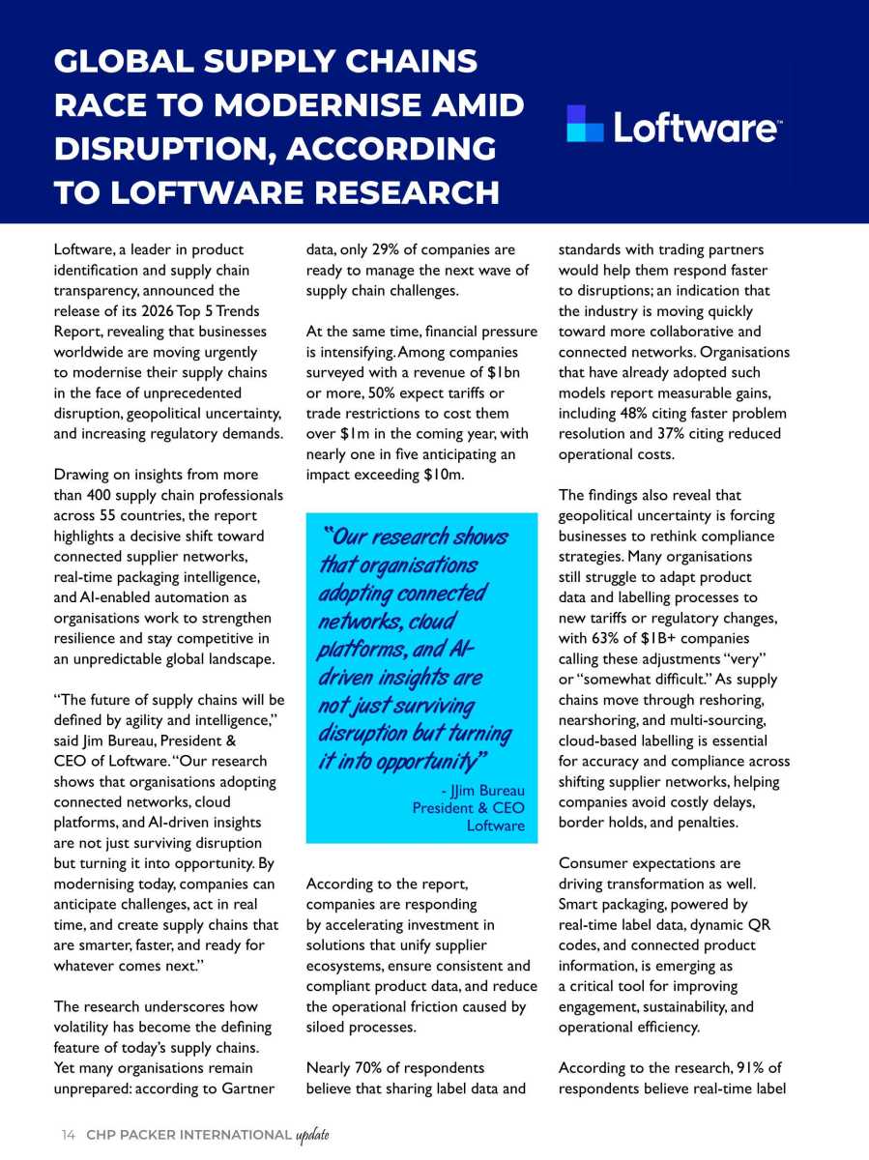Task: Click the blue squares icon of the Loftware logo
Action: tap(585, 124)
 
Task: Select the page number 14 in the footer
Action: tap(68, 1134)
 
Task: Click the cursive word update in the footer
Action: tap(312, 1134)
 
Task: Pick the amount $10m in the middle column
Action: tap(442, 475)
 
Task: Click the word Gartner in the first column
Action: tap(250, 1088)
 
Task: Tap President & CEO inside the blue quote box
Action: tap(468, 807)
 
